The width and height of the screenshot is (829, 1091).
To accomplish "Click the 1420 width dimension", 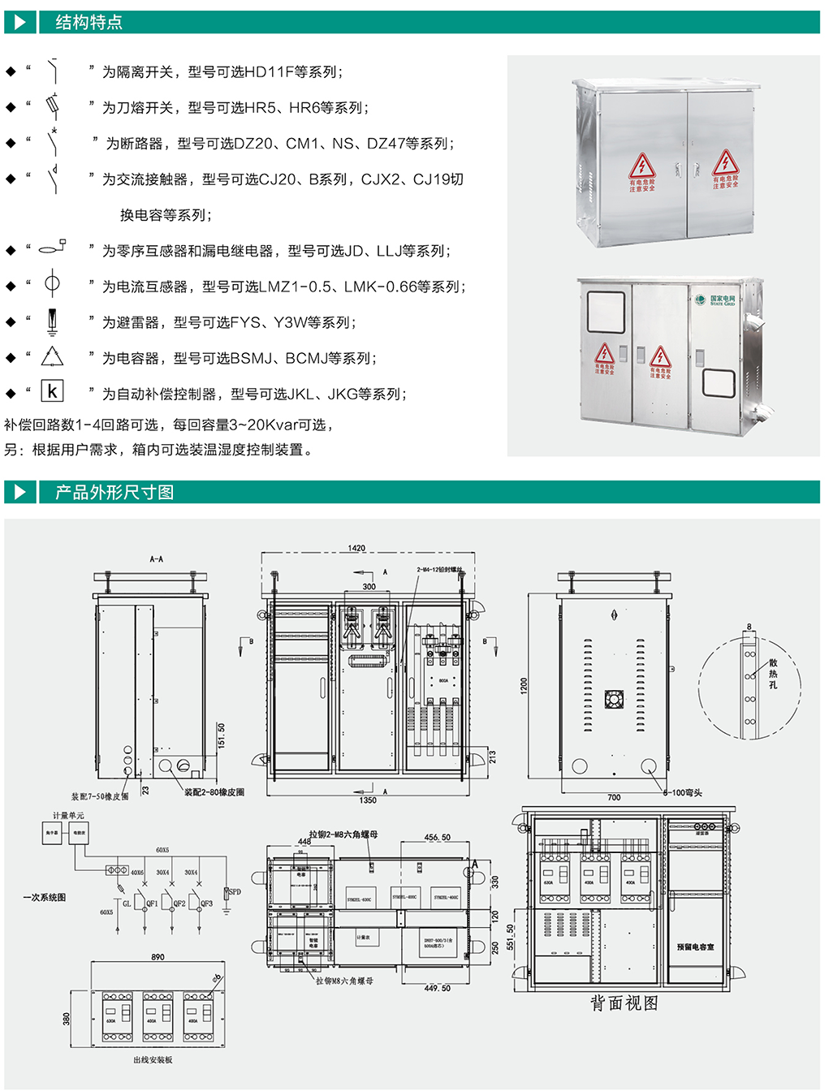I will coord(356,549).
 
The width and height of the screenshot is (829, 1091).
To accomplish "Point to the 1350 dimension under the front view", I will coord(368,800).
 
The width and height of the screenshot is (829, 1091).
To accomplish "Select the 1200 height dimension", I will coord(525,685).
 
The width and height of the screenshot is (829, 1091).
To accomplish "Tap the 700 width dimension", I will coord(614,798).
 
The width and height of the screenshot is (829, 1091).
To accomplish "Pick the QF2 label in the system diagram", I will coord(179,903).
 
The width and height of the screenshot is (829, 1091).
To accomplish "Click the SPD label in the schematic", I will coord(235,892).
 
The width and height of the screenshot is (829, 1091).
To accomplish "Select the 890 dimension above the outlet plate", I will coord(158,957).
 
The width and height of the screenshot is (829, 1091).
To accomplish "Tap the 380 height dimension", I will coord(67,1019).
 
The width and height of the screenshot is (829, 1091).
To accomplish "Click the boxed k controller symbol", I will coord(52,391).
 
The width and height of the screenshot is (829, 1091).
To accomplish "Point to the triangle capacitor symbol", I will coord(52,356).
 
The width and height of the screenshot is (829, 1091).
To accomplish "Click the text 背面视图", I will coord(624,1003).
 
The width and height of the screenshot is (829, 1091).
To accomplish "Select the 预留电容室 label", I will coord(696,947).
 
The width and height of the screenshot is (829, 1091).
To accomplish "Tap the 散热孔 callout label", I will coord(773,674).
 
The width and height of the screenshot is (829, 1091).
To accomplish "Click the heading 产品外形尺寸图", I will coord(114,493).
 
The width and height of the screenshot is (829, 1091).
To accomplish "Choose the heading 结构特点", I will coord(89,23).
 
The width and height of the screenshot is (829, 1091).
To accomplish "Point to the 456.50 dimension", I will coord(437,837).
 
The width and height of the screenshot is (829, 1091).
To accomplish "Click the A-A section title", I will coord(156,559).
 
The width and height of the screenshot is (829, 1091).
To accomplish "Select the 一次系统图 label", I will coord(45,898).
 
